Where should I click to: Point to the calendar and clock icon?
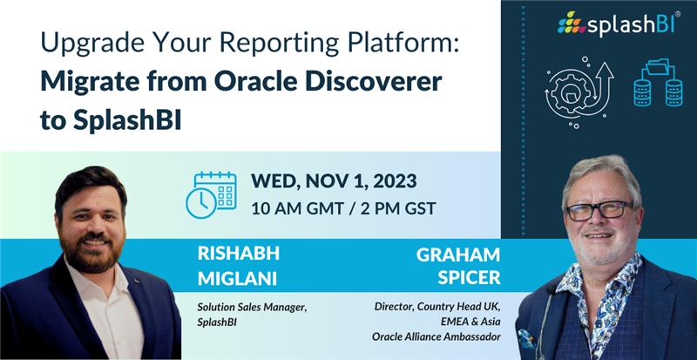click(x=211, y=194)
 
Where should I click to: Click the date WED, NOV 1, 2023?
click(x=333, y=181)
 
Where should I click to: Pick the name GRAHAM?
click(x=458, y=254)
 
